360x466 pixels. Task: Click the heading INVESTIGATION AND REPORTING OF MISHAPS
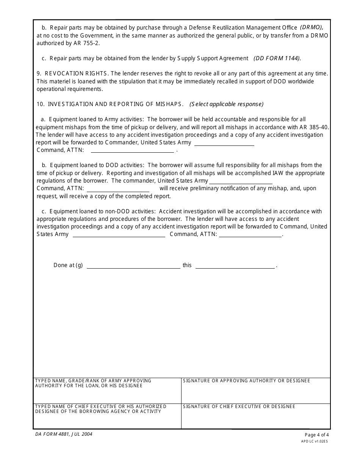[116, 104]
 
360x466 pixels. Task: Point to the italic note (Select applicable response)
[227, 104]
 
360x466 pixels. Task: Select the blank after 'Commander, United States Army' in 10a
[224, 144]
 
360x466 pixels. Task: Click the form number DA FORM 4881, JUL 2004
[64, 435]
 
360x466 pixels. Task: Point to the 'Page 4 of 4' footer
[317, 435]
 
